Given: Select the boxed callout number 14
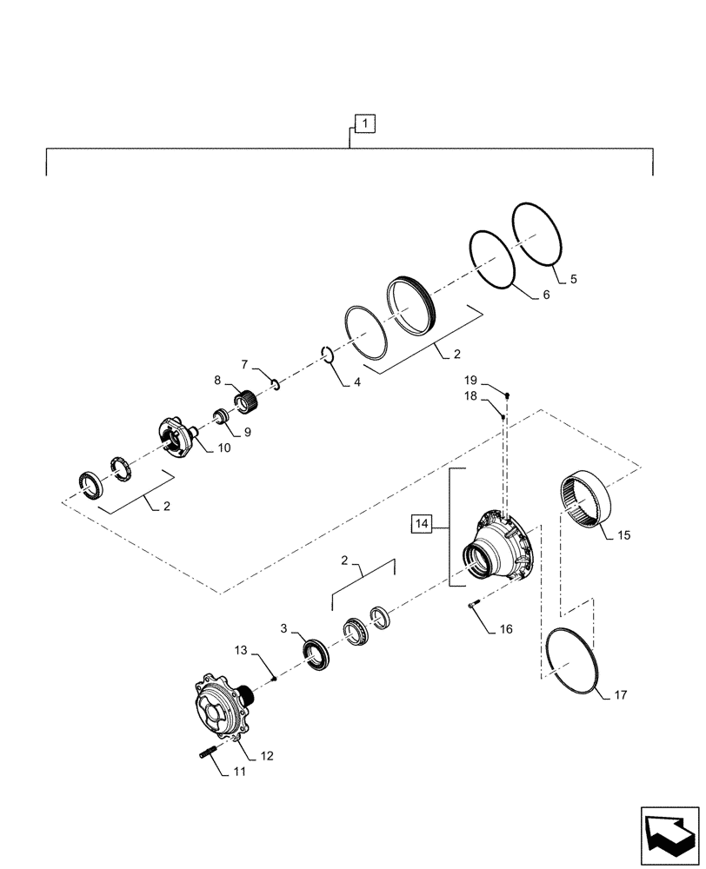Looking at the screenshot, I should coord(423,523).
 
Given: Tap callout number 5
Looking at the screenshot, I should coord(573,279).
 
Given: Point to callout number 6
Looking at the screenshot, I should coord(545,295).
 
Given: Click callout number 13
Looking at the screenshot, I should coord(241,649).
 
